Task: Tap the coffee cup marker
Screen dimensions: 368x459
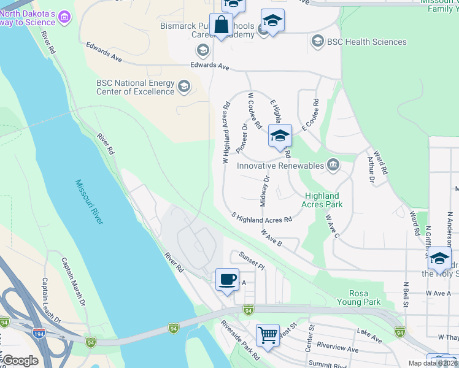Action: pos(227,280)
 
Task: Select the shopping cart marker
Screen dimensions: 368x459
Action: pos(268,335)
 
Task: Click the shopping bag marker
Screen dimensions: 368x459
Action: pos(221,26)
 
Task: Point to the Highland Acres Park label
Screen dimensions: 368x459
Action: pos(323,200)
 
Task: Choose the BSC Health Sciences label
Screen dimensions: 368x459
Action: pos(367,42)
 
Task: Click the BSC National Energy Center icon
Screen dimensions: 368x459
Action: pos(183,87)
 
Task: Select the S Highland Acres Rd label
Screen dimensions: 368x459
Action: pos(261,218)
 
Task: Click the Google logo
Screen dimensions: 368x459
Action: pos(20,361)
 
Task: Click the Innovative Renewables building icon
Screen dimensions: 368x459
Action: pos(333,164)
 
